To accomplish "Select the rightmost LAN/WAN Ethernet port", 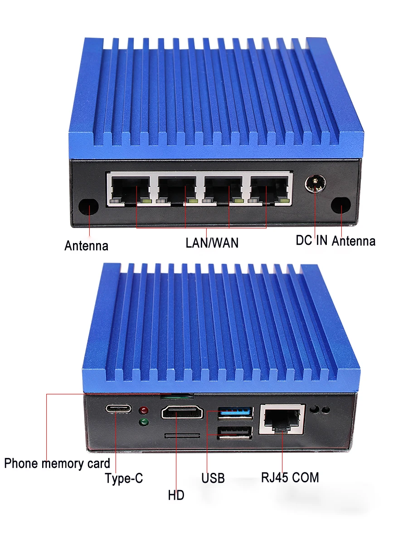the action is click(x=270, y=189).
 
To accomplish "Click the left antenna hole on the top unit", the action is click(x=88, y=206).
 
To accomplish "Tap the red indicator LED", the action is click(x=145, y=411).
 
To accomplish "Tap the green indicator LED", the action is click(x=145, y=423).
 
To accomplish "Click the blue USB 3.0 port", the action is click(x=235, y=413).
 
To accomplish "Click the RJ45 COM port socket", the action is click(x=282, y=419).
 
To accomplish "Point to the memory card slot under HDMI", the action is click(x=182, y=435).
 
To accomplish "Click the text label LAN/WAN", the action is click(x=212, y=243).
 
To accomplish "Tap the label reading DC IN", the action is click(x=311, y=240).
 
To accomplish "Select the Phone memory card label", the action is click(x=57, y=463).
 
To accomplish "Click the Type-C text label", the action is click(x=124, y=478).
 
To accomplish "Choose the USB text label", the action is click(x=213, y=478).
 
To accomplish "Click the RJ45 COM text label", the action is click(x=290, y=477).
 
